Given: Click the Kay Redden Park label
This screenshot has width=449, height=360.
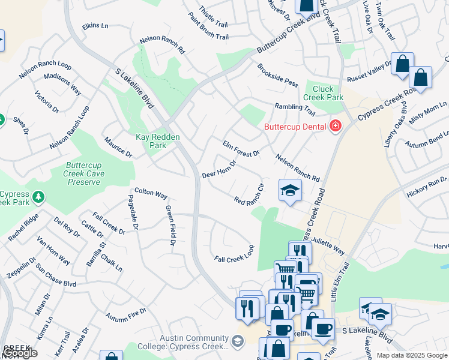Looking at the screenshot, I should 157,141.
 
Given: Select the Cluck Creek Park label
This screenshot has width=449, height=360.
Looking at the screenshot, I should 323,93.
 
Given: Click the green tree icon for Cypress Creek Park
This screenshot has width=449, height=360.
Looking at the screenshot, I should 39,196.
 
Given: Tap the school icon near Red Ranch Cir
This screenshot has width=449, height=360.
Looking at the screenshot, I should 290,191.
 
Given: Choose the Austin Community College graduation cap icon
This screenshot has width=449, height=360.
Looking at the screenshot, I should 238,340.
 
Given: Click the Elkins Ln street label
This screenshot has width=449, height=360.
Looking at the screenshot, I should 96,26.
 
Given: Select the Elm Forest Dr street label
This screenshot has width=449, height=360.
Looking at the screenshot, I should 241,149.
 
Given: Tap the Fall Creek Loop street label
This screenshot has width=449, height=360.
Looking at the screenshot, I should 235,254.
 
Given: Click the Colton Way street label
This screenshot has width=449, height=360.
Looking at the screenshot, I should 151,194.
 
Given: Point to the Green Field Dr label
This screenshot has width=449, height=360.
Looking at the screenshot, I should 169,226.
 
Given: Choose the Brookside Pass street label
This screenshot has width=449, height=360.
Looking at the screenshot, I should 277,75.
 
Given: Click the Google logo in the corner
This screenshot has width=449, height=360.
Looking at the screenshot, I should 20,353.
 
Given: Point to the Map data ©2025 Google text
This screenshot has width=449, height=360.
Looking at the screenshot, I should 411,355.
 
